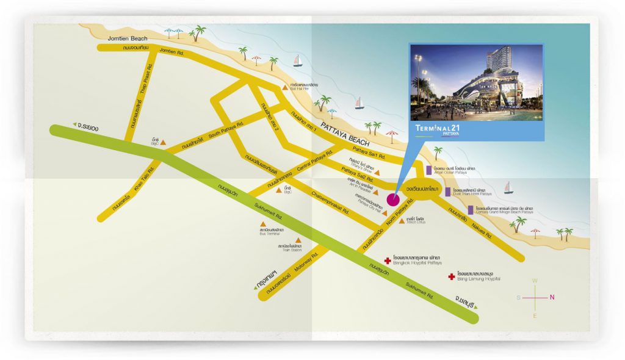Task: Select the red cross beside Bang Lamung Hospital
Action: pyautogui.click(x=451, y=276)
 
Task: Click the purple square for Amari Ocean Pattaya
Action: pyautogui.click(x=429, y=169)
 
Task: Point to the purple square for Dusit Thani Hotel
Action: pyautogui.click(x=448, y=192)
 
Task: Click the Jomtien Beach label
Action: pyautogui.click(x=125, y=38)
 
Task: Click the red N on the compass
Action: pyautogui.click(x=552, y=297)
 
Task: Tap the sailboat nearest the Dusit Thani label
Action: pyautogui.click(x=508, y=187)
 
